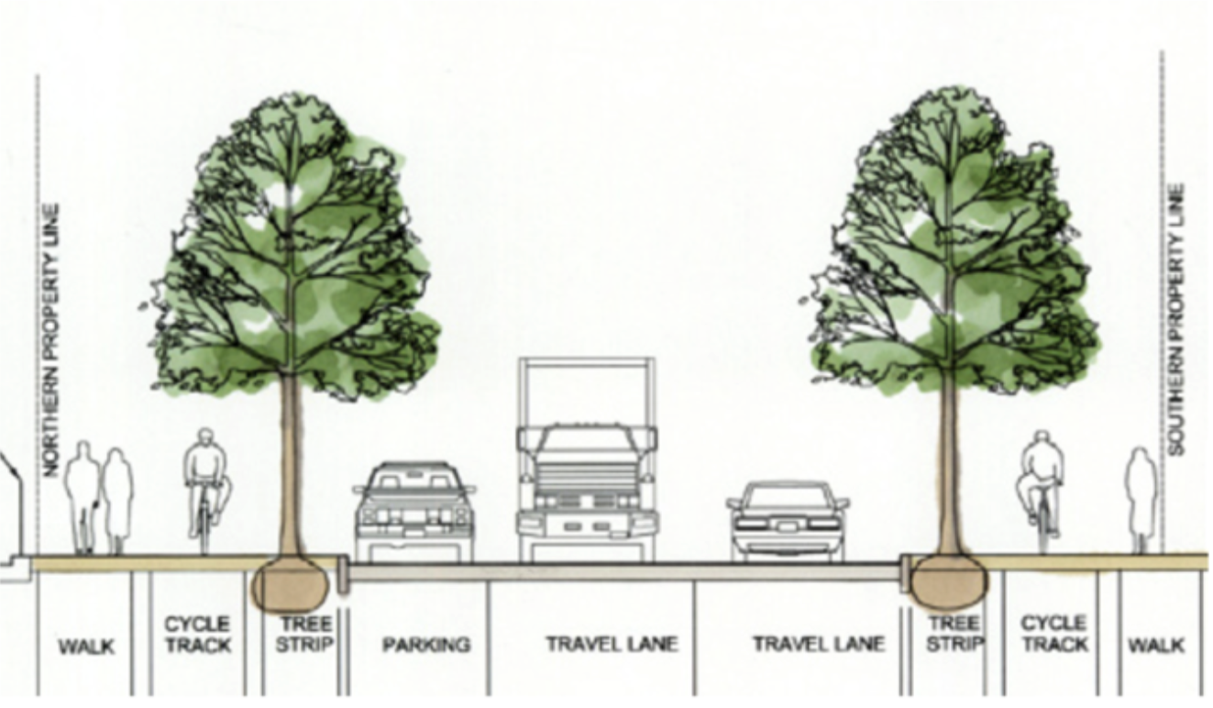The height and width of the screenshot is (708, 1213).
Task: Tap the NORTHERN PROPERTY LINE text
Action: (51, 339)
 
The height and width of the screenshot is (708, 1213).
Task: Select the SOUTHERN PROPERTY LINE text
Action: (1177, 319)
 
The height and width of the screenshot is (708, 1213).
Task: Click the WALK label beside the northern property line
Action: (87, 647)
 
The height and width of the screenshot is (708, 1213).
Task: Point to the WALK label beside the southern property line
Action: (1156, 646)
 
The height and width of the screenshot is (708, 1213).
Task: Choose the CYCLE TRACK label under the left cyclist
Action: (198, 635)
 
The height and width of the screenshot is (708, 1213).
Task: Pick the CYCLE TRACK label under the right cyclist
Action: (1053, 634)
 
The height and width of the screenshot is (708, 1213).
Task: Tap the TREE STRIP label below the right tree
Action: (954, 634)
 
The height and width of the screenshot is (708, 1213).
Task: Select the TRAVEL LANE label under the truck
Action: (612, 644)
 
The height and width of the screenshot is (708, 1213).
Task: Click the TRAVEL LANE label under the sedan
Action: (819, 644)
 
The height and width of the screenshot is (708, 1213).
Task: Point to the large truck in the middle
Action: (588, 477)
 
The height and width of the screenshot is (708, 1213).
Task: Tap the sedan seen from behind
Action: (788, 520)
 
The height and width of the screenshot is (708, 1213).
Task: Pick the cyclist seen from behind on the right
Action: (1042, 486)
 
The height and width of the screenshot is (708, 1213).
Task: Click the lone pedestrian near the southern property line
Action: (1141, 500)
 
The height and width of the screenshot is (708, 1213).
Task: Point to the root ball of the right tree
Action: (946, 581)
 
